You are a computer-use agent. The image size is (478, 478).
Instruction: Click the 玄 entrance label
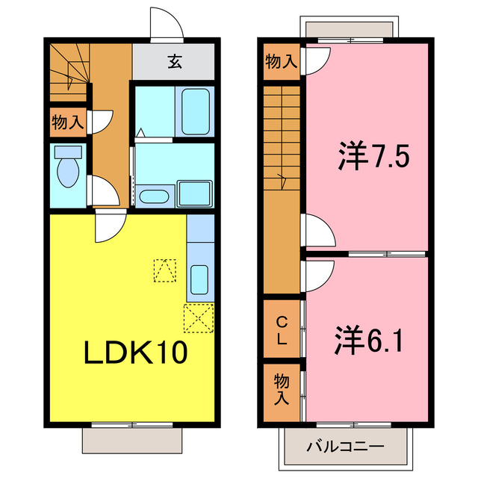pyautogui.click(x=174, y=61)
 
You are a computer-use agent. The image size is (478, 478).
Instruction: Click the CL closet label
pyautogui.click(x=282, y=330)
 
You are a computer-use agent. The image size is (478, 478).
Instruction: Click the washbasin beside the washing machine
pyautogui.click(x=155, y=197)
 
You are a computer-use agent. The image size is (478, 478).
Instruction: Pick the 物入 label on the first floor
pyautogui.click(x=67, y=122)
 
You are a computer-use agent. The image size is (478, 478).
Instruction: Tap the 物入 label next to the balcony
pyautogui.click(x=282, y=389)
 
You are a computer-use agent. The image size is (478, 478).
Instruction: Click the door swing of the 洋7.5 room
pyautogui.click(x=317, y=228)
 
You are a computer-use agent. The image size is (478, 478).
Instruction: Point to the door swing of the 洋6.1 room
pyautogui.click(x=317, y=272)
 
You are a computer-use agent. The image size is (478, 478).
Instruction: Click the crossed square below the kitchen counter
pyautogui.click(x=199, y=319)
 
